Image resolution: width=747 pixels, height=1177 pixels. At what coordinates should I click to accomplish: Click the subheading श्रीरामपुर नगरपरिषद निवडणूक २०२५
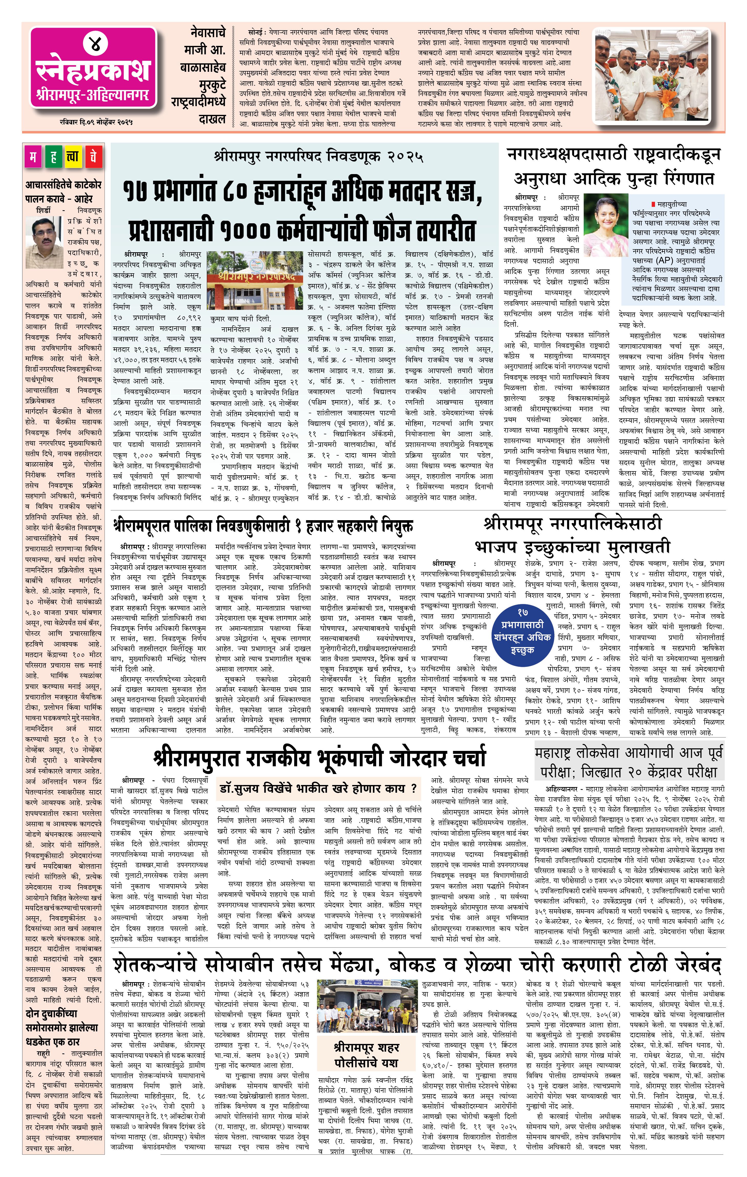pos(318,157)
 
